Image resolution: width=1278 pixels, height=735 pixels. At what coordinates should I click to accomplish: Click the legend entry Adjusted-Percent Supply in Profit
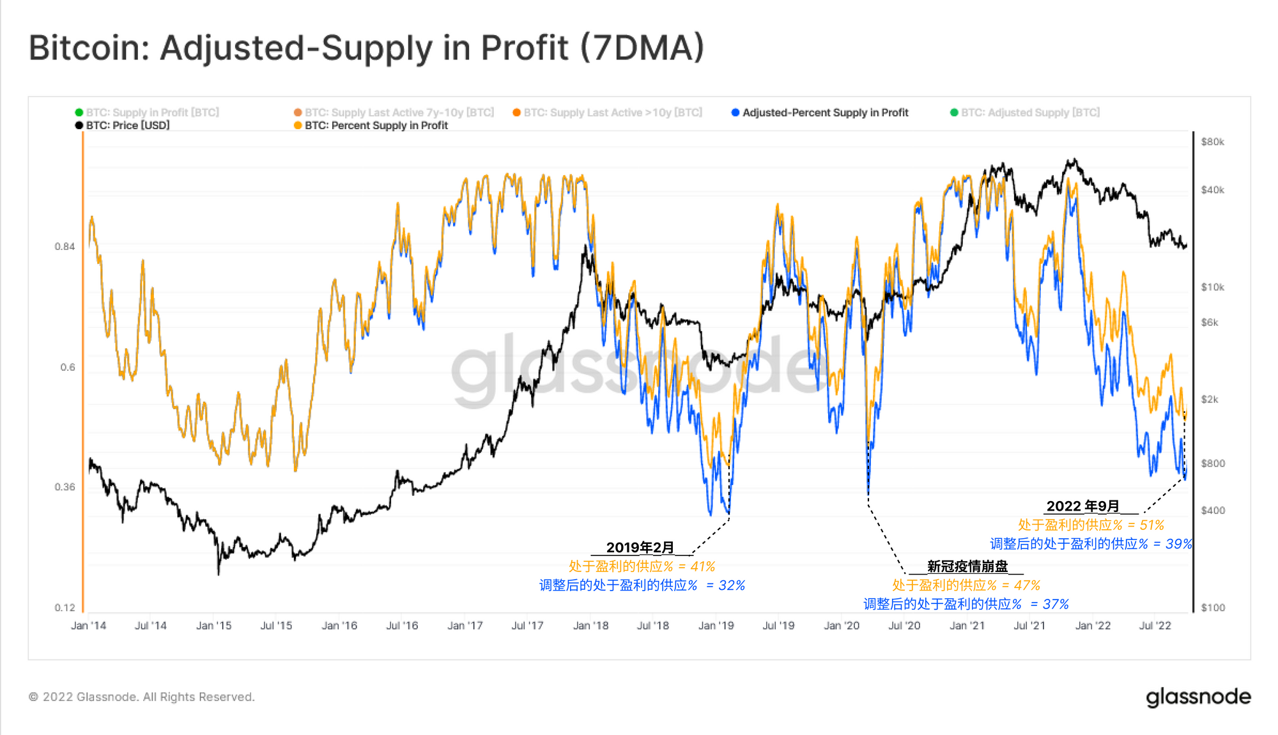824,112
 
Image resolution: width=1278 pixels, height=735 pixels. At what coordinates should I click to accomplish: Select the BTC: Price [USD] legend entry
127,125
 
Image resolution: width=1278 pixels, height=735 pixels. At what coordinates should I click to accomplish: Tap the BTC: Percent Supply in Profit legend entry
376,125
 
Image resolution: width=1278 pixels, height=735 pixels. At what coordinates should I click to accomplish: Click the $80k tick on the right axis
1212,142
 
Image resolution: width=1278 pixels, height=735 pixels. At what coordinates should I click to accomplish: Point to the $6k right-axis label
1209,323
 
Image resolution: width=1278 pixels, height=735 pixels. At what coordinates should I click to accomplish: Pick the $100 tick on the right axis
1212,608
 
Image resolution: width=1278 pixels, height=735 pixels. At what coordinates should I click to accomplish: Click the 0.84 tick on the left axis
65,247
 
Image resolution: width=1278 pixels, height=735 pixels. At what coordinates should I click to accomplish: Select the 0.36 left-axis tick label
65,487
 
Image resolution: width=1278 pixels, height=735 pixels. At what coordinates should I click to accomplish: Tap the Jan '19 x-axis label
716,626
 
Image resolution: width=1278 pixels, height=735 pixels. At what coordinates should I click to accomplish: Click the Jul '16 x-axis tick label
402,626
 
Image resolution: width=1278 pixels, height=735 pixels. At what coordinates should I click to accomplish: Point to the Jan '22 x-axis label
1093,626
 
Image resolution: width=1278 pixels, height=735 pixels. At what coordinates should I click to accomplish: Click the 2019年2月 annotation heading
640,548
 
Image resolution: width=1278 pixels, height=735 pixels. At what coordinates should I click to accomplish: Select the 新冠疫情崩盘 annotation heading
967,566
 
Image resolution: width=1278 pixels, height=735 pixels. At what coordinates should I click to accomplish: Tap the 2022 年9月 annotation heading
1082,506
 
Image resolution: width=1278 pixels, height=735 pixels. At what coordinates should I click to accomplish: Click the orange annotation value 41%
702,566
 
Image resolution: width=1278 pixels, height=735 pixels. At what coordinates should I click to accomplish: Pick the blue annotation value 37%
1056,604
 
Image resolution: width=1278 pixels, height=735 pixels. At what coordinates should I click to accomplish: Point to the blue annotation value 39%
1178,544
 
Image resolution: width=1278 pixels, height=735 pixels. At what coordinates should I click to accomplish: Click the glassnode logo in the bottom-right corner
1198,697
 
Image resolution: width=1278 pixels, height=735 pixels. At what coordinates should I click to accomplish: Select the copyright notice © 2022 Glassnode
141,697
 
